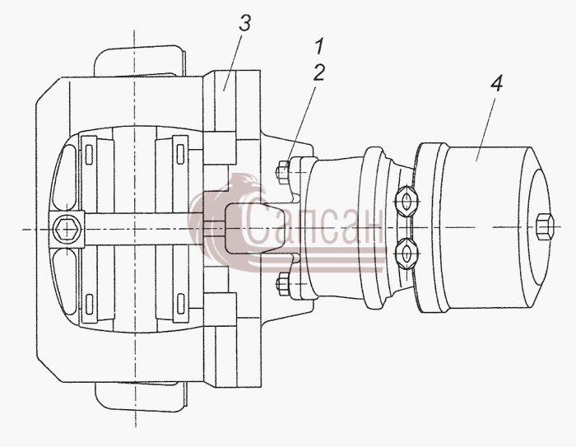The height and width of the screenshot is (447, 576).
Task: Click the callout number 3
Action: pyautogui.click(x=244, y=23)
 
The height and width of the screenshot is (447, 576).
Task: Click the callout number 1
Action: pyautogui.click(x=319, y=46)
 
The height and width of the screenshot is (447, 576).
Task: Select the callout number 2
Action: pyautogui.click(x=319, y=72)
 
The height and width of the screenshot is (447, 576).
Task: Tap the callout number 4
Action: pyautogui.click(x=496, y=83)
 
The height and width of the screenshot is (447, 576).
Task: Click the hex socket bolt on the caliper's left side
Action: pyautogui.click(x=67, y=230)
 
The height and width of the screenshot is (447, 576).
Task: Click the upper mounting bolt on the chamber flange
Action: pyautogui.click(x=283, y=171)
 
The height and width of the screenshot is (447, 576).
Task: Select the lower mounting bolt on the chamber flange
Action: pyautogui.click(x=283, y=284)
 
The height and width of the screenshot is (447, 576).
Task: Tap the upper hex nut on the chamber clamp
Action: pyautogui.click(x=406, y=202)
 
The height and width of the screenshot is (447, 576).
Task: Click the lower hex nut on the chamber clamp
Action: pyautogui.click(x=406, y=253)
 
